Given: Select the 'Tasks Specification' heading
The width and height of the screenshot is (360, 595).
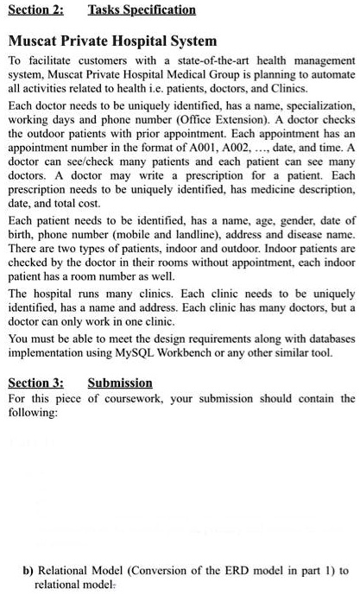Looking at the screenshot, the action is coord(142,10).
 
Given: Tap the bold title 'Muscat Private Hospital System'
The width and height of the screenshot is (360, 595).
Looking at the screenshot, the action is coord(112,41).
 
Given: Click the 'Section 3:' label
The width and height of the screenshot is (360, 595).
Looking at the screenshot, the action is coord(35,383).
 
